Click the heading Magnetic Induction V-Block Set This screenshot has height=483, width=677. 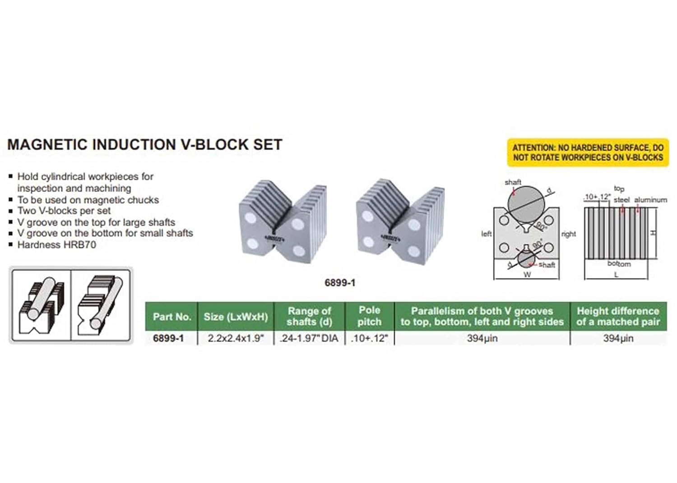[144, 145]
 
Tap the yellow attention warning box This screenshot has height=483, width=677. [588, 153]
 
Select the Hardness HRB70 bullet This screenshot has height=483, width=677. [56, 245]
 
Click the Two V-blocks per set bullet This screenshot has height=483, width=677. [64, 211]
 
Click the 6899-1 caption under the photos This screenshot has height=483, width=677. [340, 283]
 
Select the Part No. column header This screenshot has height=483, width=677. [172, 317]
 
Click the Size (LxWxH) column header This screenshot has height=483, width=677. [236, 317]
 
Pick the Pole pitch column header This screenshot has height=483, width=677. [369, 316]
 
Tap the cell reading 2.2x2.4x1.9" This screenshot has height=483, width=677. [236, 338]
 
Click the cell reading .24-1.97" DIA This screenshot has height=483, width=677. [309, 338]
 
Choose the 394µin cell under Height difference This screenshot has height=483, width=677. [618, 338]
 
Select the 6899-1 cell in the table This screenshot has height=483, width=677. [168, 338]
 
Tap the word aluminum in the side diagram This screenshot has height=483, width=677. [650, 200]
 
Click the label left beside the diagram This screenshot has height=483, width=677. [486, 234]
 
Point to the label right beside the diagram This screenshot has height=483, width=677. [568, 234]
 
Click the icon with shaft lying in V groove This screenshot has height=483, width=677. [42, 305]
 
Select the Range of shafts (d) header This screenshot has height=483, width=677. [309, 316]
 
